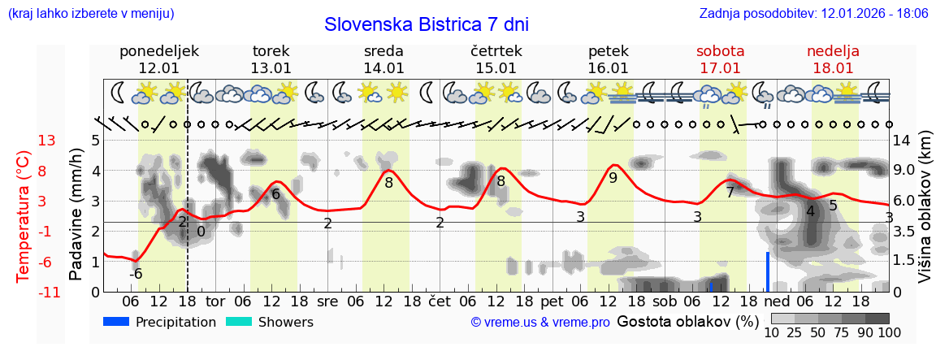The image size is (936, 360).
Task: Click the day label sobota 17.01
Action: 720,59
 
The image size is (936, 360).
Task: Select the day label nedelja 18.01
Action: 833,59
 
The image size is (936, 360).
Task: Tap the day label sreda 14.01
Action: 383,59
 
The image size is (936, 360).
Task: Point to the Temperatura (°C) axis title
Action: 24,216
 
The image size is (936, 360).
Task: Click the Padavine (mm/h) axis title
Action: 76,215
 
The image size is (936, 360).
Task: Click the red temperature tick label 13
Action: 46,141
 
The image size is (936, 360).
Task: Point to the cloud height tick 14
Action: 903,141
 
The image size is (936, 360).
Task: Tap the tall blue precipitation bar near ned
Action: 767,271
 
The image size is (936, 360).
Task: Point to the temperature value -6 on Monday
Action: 136,274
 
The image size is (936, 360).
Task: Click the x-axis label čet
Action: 439,301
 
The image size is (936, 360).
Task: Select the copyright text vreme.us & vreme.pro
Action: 540,323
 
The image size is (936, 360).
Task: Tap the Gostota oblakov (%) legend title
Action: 686,322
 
